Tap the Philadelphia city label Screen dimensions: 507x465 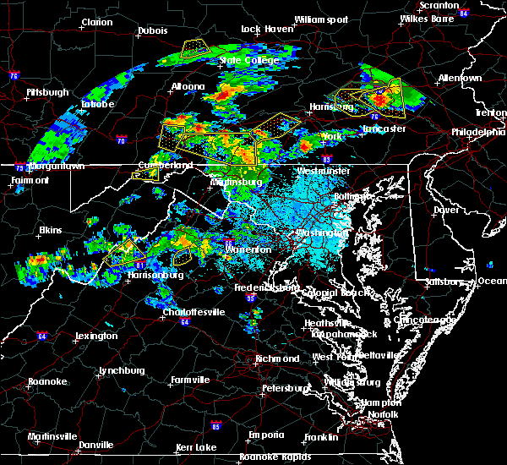(x=476, y=132)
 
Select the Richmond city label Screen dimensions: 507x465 (x=278, y=358)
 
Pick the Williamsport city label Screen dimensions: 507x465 (x=321, y=19)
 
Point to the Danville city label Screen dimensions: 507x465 (x=96, y=445)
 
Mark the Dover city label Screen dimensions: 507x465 (x=445, y=209)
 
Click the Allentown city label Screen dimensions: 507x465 (x=460, y=78)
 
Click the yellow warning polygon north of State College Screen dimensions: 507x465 (x=195, y=46)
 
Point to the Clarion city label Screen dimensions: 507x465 (x=97, y=23)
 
